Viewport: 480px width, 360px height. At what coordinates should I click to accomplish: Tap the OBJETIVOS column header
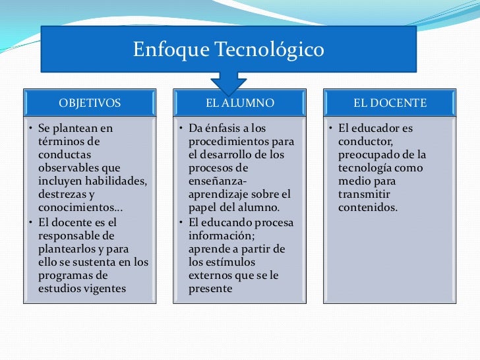[x=90, y=103]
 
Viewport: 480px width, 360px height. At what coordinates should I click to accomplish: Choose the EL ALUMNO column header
[x=240, y=103]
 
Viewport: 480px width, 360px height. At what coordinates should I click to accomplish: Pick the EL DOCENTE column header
[x=390, y=103]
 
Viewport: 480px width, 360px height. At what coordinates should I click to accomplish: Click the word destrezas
[x=62, y=195]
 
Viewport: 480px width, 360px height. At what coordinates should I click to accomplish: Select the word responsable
[x=68, y=235]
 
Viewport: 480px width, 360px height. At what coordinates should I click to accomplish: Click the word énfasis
[x=227, y=128]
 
